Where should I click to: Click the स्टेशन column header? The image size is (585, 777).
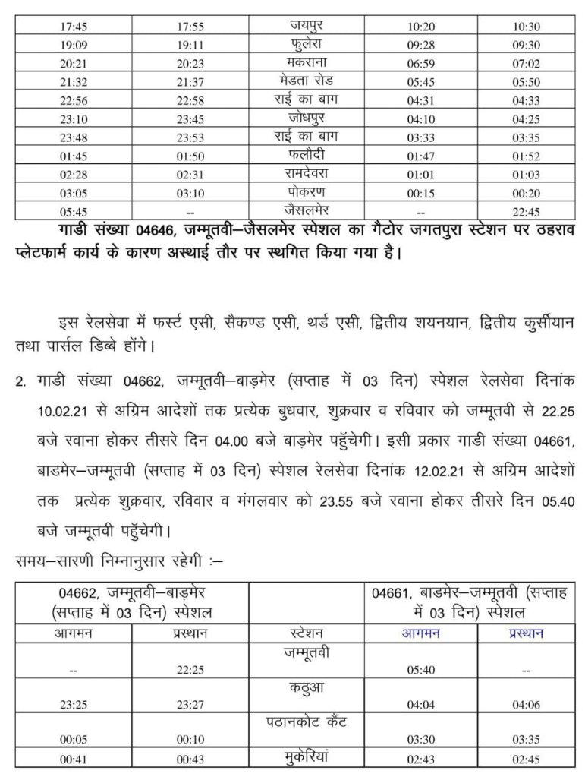(x=306, y=632)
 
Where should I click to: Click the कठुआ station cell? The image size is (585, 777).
(x=306, y=688)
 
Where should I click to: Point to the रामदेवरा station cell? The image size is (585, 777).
(x=306, y=172)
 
